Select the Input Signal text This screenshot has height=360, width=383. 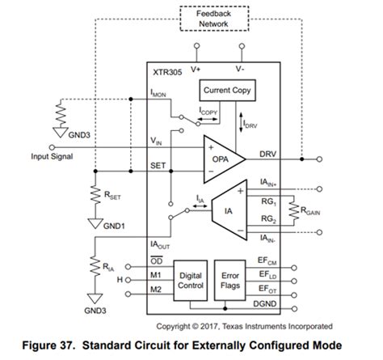(x=31, y=157)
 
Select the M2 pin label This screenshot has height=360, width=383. (x=158, y=288)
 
